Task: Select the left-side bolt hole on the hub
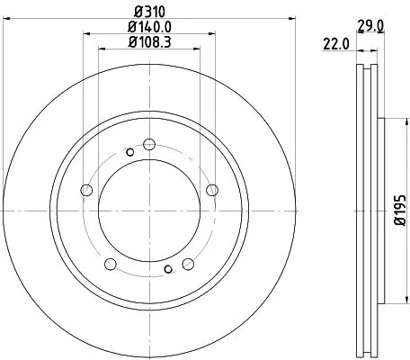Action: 87,190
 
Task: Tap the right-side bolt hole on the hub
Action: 212,189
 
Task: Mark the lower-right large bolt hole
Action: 189,264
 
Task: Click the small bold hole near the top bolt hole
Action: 130,152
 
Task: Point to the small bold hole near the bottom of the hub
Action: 168,268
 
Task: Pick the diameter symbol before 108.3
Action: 131,42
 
